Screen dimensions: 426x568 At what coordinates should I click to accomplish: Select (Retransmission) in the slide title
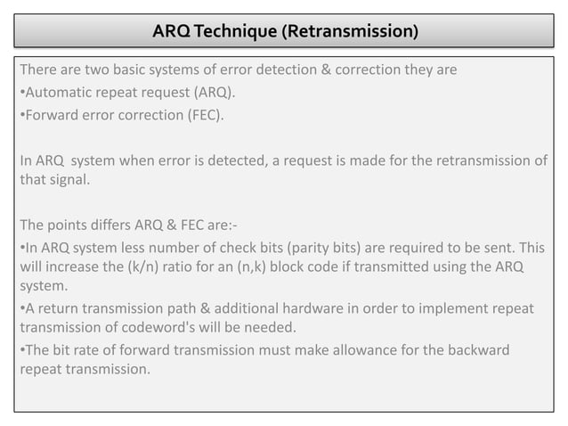click(x=350, y=32)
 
